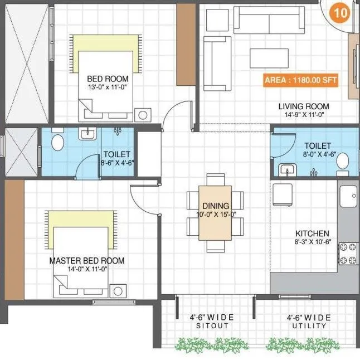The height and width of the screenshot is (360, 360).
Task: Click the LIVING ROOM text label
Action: pyautogui.click(x=304, y=106)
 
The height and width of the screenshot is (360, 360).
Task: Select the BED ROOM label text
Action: pyautogui.click(x=108, y=79)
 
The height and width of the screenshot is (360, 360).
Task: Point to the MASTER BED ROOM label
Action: pyautogui.click(x=87, y=260)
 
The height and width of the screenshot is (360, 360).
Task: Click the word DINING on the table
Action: pyautogui.click(x=215, y=206)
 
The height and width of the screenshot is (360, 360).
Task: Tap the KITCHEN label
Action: pyautogui.click(x=312, y=233)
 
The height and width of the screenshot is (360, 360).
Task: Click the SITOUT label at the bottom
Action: pyautogui.click(x=212, y=326)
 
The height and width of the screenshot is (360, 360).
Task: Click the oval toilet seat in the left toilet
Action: pyautogui.click(x=57, y=143)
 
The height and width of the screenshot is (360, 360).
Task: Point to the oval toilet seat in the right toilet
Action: pyautogui.click(x=343, y=161)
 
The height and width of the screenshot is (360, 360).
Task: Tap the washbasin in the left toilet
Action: pyautogui.click(x=86, y=134)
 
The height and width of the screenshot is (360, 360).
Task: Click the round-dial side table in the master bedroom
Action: pyautogui.click(x=117, y=290)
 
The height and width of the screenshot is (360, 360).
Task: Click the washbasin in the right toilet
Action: pyautogui.click(x=286, y=169)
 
